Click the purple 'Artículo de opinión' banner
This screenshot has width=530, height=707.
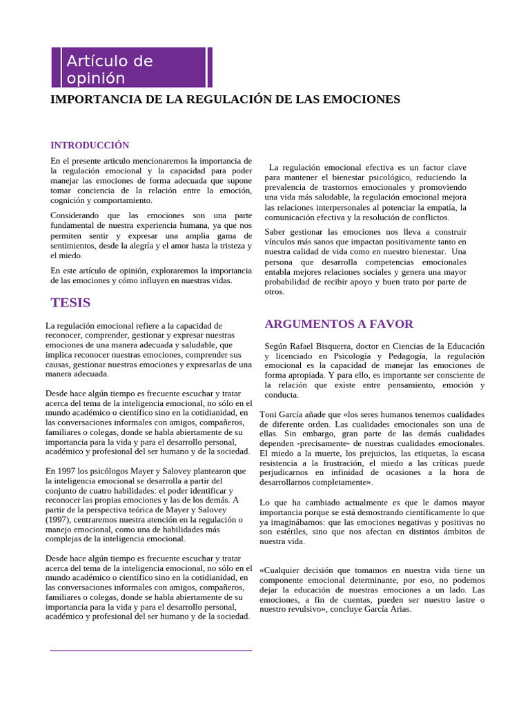point(129,68)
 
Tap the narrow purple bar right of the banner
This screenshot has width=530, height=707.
point(210,68)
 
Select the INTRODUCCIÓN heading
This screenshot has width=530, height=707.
point(90,145)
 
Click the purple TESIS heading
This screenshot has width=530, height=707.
point(70,302)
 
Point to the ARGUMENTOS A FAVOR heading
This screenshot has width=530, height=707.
point(339,324)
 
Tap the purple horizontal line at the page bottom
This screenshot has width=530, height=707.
point(151,650)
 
